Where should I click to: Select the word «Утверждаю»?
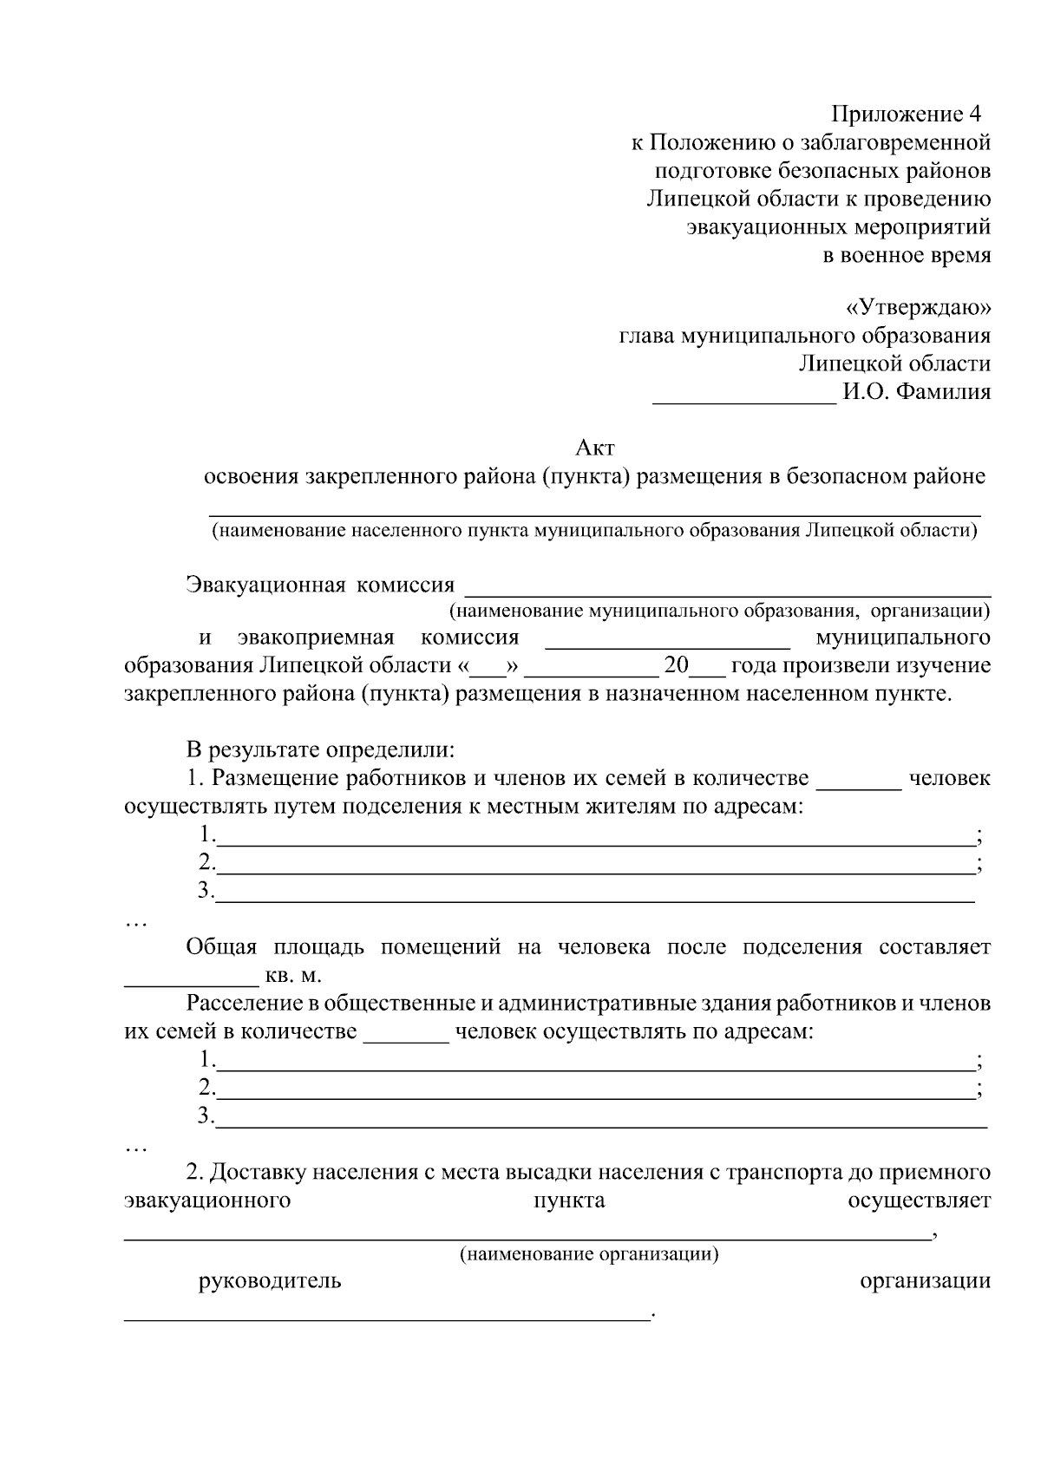tap(917, 307)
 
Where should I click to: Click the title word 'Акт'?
tap(595, 448)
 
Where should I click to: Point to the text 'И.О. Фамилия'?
tap(916, 391)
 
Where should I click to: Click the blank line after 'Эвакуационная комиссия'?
tap(728, 592)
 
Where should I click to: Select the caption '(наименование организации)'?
tap(589, 1253)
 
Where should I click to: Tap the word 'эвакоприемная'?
tap(316, 638)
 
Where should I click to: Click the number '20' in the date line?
tap(676, 665)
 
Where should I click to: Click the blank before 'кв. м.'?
tap(192, 983)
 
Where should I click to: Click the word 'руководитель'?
tap(270, 1281)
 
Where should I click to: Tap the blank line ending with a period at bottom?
tap(387, 1318)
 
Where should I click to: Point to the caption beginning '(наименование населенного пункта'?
tap(595, 530)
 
